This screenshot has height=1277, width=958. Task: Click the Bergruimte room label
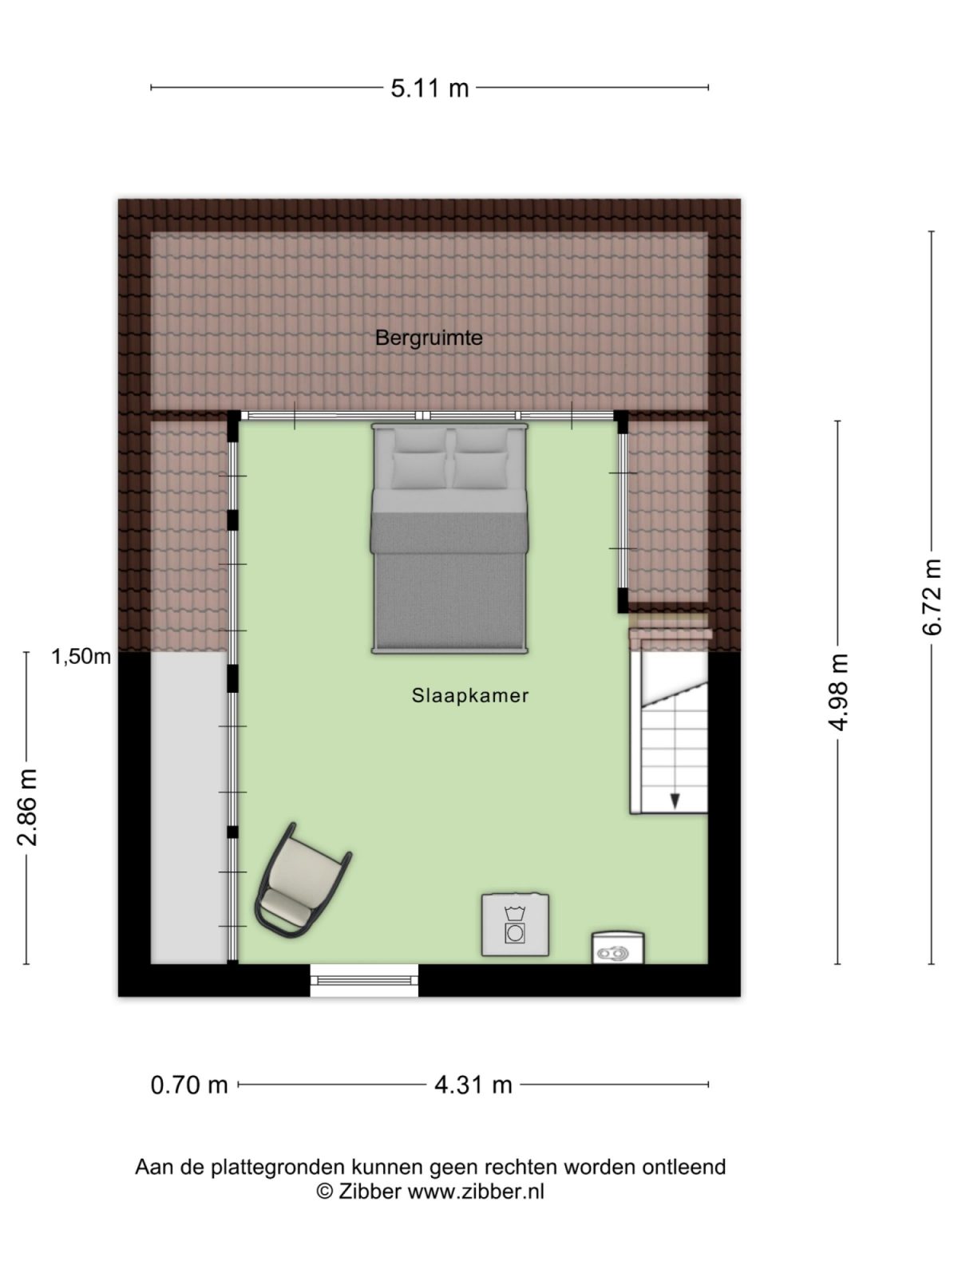429,338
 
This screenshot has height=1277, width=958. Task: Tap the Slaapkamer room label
470,695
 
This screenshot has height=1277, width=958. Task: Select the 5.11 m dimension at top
430,88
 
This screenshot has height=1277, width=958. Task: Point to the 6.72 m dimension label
932,597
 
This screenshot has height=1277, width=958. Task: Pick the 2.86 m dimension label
27,807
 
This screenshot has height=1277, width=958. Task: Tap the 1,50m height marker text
81,657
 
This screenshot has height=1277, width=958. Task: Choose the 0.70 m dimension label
189,1085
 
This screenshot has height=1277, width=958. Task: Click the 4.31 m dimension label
473,1085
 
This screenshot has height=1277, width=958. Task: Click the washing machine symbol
515,924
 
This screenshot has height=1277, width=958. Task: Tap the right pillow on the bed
481,469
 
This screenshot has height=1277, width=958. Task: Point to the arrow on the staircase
675,799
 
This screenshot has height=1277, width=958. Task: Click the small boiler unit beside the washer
617,948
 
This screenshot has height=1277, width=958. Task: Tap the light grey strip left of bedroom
188,806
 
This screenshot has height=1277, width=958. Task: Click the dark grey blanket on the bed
449,583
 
